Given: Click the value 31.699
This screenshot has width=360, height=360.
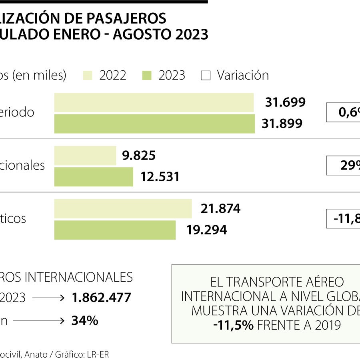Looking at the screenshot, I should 285,102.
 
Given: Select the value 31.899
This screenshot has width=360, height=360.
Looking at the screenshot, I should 282,124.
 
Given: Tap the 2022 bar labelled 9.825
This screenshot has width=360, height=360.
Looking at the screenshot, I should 85,156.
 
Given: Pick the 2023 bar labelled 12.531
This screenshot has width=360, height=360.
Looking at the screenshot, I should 94,177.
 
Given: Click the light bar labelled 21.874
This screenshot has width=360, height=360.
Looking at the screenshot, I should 123,209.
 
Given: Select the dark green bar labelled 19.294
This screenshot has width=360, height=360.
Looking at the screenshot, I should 115,230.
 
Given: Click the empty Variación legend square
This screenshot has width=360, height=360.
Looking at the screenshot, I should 205,76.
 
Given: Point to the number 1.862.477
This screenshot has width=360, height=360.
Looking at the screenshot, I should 101,298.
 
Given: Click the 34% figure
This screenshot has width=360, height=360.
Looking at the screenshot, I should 84,320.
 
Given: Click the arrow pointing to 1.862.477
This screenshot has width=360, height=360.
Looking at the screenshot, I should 48,298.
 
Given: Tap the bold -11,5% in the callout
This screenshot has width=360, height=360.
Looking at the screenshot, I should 233,325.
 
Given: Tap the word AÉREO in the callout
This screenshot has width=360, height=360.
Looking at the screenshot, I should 324,282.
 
